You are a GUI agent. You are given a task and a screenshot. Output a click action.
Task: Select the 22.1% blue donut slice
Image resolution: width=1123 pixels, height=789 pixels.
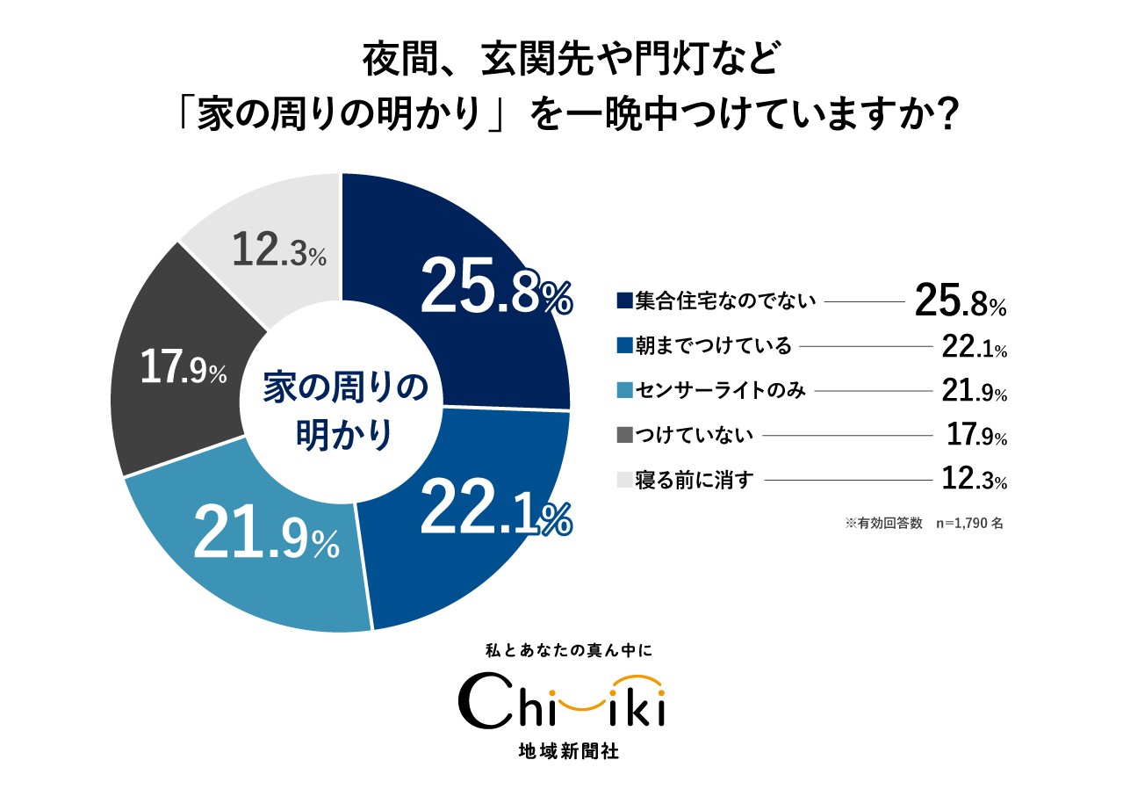click(474, 527)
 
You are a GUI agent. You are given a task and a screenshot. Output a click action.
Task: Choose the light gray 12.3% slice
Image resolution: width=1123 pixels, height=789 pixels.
click(272, 237)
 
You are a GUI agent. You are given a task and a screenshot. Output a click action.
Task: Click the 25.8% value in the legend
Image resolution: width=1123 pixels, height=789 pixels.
click(959, 300)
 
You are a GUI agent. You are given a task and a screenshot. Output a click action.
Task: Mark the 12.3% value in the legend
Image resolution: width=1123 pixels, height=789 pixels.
click(973, 480)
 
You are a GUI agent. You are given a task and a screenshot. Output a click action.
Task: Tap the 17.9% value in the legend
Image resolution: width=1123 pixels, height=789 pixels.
click(975, 435)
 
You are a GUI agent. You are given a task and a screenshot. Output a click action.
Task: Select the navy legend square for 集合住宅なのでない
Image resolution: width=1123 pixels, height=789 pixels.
click(624, 301)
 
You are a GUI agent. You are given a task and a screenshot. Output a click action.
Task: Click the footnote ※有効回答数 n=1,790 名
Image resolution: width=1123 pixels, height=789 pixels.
click(924, 523)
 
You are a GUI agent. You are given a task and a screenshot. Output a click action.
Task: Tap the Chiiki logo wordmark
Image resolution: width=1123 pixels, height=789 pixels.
click(562, 703)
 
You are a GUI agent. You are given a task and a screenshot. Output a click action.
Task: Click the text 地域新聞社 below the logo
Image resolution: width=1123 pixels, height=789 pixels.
click(562, 752)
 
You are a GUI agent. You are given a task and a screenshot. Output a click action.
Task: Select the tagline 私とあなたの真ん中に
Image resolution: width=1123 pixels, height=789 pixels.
click(562, 652)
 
